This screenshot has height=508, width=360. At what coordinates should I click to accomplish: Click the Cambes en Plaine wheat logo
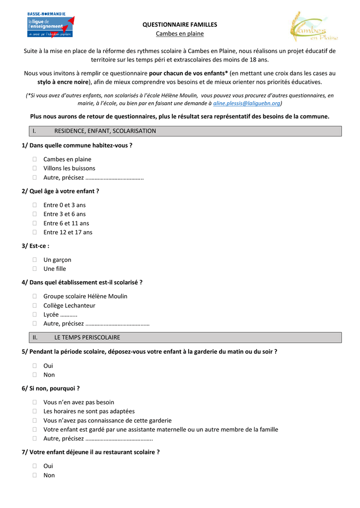click(x=313, y=27)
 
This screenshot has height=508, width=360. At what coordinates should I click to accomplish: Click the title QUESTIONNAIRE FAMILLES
click(x=180, y=24)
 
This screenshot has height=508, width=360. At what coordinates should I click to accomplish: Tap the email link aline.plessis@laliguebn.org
click(x=247, y=104)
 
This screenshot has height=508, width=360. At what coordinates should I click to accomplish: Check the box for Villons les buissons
click(x=35, y=168)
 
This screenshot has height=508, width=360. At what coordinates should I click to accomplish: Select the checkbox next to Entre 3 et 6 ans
click(x=35, y=214)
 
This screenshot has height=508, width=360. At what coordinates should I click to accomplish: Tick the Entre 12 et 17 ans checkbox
click(x=35, y=232)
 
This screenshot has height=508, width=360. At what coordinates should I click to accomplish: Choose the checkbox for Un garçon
click(x=35, y=259)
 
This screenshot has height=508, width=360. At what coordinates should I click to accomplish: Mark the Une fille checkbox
click(x=35, y=269)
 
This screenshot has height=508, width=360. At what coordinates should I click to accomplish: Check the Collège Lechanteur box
click(x=35, y=306)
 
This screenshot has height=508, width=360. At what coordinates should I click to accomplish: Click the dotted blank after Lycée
click(x=69, y=315)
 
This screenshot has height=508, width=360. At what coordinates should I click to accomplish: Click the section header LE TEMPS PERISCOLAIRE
click(x=87, y=337)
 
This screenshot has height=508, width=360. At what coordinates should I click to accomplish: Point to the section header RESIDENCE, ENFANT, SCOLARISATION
click(x=105, y=131)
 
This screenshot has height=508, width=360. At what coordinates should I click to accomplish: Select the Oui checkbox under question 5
click(x=35, y=366)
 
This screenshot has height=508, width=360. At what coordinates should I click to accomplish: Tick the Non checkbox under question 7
click(x=35, y=475)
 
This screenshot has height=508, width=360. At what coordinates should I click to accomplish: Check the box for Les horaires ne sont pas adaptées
click(x=35, y=411)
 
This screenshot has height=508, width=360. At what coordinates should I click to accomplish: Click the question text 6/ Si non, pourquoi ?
click(x=51, y=388)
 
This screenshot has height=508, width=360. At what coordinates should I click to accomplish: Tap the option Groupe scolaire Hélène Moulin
click(x=85, y=296)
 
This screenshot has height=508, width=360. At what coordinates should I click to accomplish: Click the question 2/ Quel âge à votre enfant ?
click(x=61, y=191)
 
